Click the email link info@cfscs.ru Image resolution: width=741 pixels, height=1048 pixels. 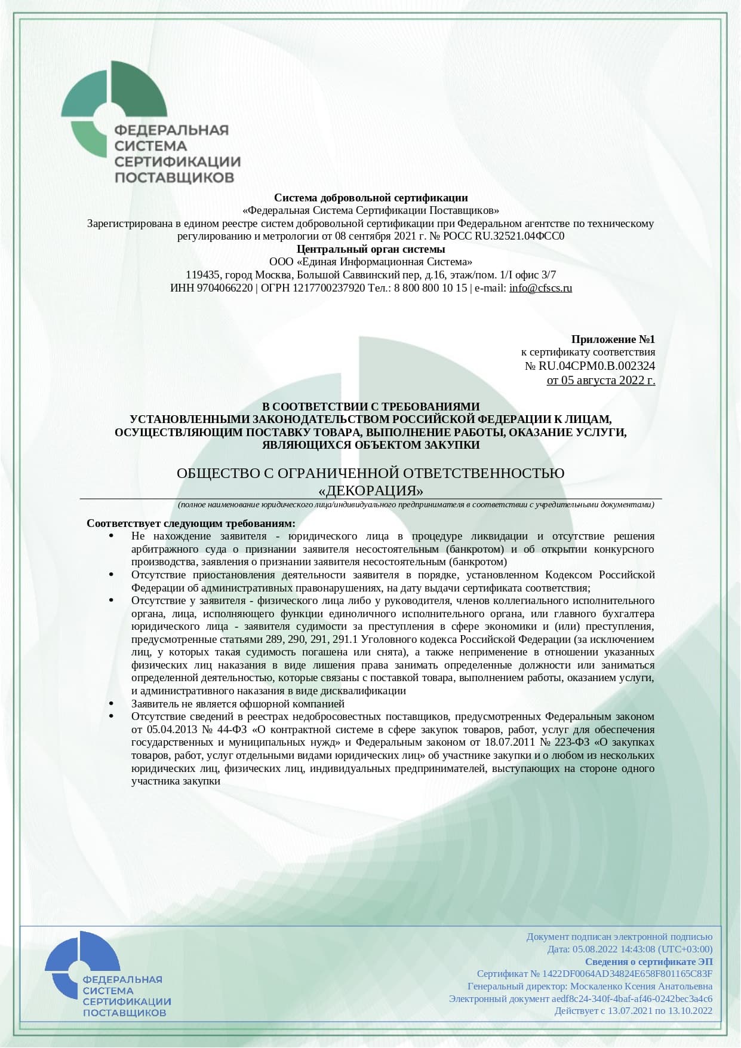(x=540, y=288)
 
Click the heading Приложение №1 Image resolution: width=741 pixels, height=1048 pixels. (x=613, y=339)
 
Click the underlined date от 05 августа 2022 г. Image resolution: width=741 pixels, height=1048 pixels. (x=601, y=379)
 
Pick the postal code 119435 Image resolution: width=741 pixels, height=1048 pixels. (x=204, y=275)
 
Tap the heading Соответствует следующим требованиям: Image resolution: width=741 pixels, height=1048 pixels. (x=191, y=523)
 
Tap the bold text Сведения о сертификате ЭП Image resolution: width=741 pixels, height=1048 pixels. (x=648, y=962)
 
